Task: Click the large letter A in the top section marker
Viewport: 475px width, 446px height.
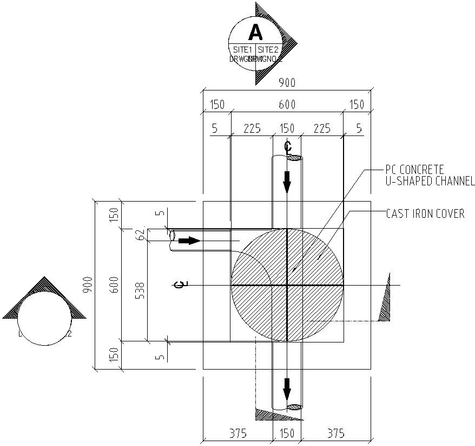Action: pyautogui.click(x=255, y=33)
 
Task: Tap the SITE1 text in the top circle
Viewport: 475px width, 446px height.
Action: pyautogui.click(x=243, y=50)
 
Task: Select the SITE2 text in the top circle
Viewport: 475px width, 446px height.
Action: pyautogui.click(x=268, y=50)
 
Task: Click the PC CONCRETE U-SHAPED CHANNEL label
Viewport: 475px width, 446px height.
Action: pyautogui.click(x=430, y=176)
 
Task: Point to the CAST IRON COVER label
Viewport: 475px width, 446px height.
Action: pyautogui.click(x=425, y=214)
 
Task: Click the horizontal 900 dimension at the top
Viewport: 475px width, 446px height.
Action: pyautogui.click(x=287, y=82)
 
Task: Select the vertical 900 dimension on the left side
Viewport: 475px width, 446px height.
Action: pyautogui.click(x=89, y=285)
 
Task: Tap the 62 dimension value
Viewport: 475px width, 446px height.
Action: pyautogui.click(x=142, y=234)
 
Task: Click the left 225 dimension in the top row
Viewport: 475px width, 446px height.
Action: pyautogui.click(x=252, y=128)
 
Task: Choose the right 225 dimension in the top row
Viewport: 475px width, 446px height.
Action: pyautogui.click(x=321, y=128)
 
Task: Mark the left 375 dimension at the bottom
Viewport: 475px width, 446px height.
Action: pyautogui.click(x=237, y=434)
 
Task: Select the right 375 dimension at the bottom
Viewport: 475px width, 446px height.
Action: pyautogui.click(x=336, y=434)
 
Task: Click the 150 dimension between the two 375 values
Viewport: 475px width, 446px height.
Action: pyautogui.click(x=287, y=434)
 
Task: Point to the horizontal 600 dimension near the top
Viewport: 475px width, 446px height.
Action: pyautogui.click(x=287, y=105)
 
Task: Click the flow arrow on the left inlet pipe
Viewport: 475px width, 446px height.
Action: pyautogui.click(x=189, y=240)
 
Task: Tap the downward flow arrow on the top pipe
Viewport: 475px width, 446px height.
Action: pyautogui.click(x=287, y=182)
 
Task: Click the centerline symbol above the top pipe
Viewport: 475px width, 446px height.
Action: pyautogui.click(x=288, y=146)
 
